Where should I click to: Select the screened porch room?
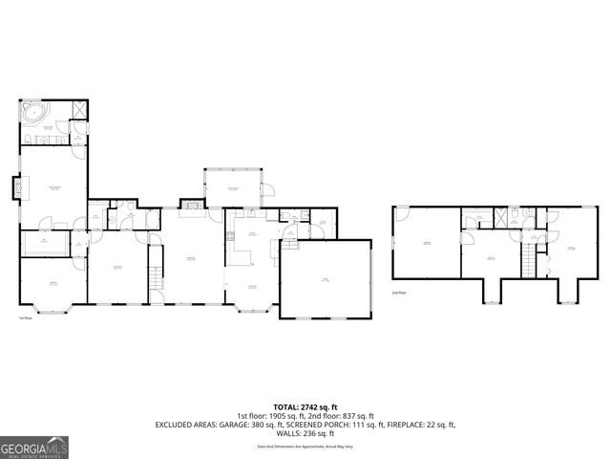coord(232,188)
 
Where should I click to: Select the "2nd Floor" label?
coord(398,294)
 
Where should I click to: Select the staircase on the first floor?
coord(154,277)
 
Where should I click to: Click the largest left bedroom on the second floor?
coord(426,245)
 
